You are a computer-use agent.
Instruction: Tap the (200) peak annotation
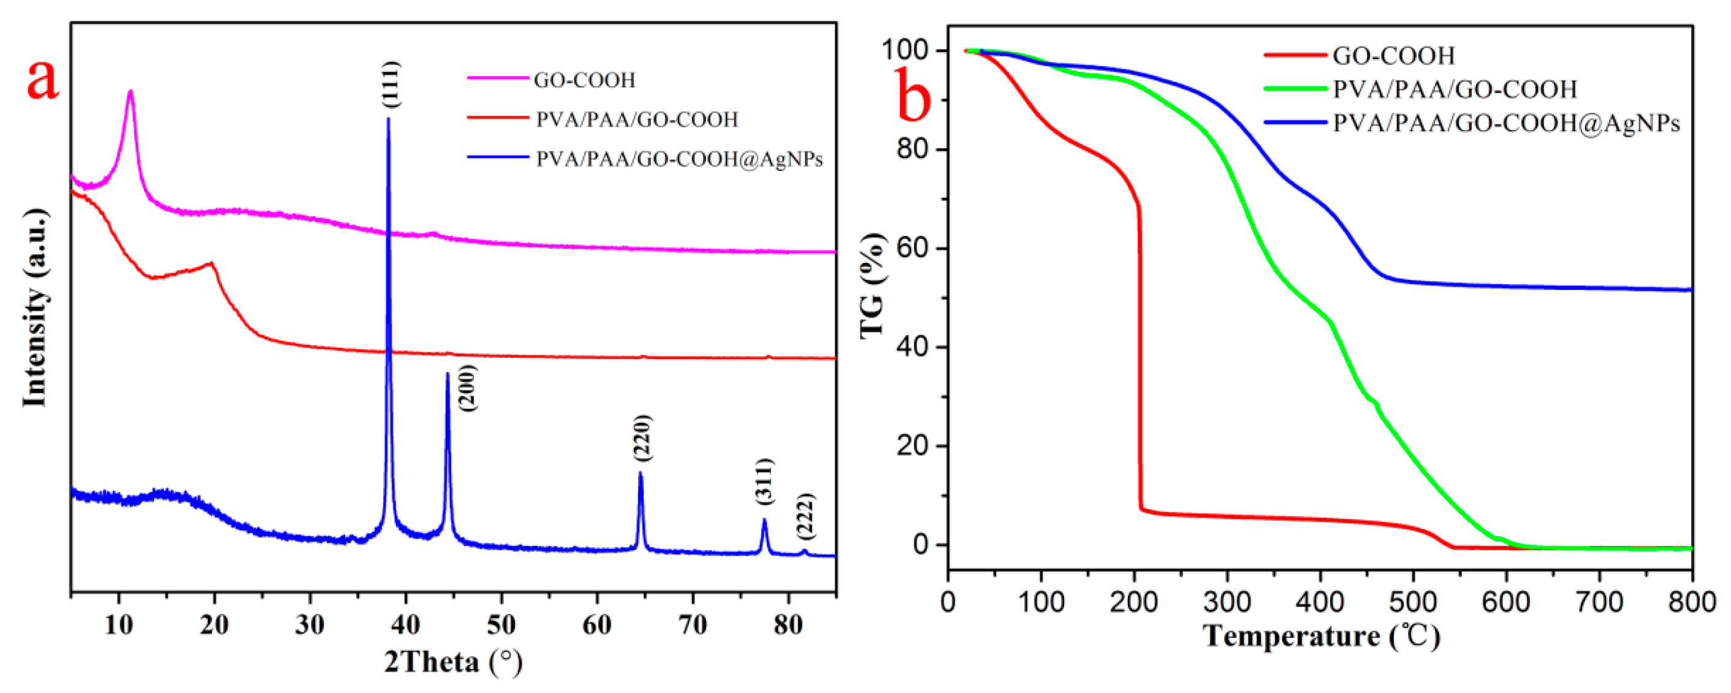[466, 387]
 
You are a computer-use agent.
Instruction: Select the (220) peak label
[642, 438]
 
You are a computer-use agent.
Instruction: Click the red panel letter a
[42, 79]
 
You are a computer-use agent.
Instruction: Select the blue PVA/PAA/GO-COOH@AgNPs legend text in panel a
[679, 159]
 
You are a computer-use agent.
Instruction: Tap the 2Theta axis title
[453, 662]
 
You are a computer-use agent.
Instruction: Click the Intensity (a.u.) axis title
[35, 308]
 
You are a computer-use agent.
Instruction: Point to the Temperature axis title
[1321, 635]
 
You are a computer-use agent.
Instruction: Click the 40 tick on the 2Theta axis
[405, 624]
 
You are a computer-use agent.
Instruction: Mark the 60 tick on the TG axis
[913, 248]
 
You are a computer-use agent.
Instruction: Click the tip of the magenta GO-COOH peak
[131, 91]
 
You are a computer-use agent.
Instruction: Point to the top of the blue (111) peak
[389, 119]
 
